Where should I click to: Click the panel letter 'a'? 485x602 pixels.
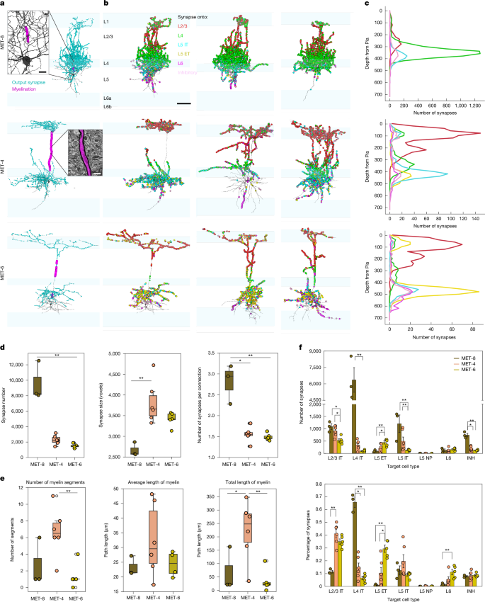tap(4, 4)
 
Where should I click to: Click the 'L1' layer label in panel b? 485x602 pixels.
tap(107, 23)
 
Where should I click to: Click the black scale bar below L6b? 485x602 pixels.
tap(183, 103)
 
